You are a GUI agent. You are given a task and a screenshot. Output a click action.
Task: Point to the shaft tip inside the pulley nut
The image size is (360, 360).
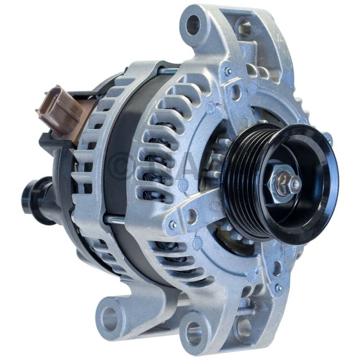pyautogui.click(x=294, y=184)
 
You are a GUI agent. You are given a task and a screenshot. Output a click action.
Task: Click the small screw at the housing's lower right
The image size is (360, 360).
pyautogui.click(x=278, y=288)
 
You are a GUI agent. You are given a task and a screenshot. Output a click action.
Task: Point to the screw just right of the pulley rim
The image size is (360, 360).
pyautogui.click(x=327, y=137)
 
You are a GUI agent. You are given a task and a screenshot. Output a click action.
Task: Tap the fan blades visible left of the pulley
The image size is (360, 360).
pyautogui.click(x=216, y=154)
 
